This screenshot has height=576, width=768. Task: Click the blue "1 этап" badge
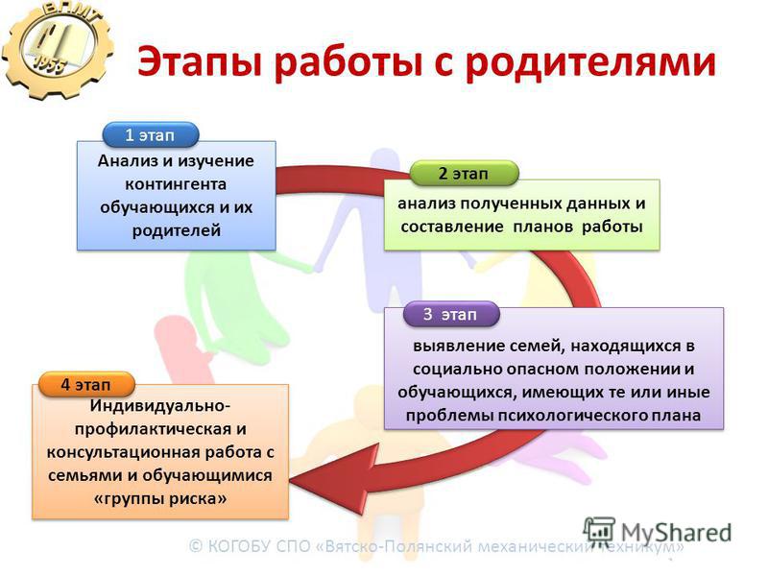[x=151, y=134]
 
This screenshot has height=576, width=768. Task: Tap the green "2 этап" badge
[x=464, y=174]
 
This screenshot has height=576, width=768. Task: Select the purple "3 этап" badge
[x=451, y=314]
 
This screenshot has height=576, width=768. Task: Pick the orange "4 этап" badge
[x=86, y=385]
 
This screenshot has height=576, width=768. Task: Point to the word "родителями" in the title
[x=590, y=62]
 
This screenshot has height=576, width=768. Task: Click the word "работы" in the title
[x=348, y=61]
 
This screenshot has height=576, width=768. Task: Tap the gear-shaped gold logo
[x=57, y=49]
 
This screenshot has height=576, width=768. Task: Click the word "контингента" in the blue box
[x=176, y=184]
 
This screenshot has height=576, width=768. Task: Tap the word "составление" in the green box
[x=451, y=227]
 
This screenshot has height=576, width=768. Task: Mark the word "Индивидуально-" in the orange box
[x=159, y=406]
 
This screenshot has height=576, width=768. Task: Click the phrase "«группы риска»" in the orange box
[x=160, y=499]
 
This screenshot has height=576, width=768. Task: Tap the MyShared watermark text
[x=677, y=533]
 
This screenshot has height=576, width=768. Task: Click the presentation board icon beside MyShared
[x=599, y=532]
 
